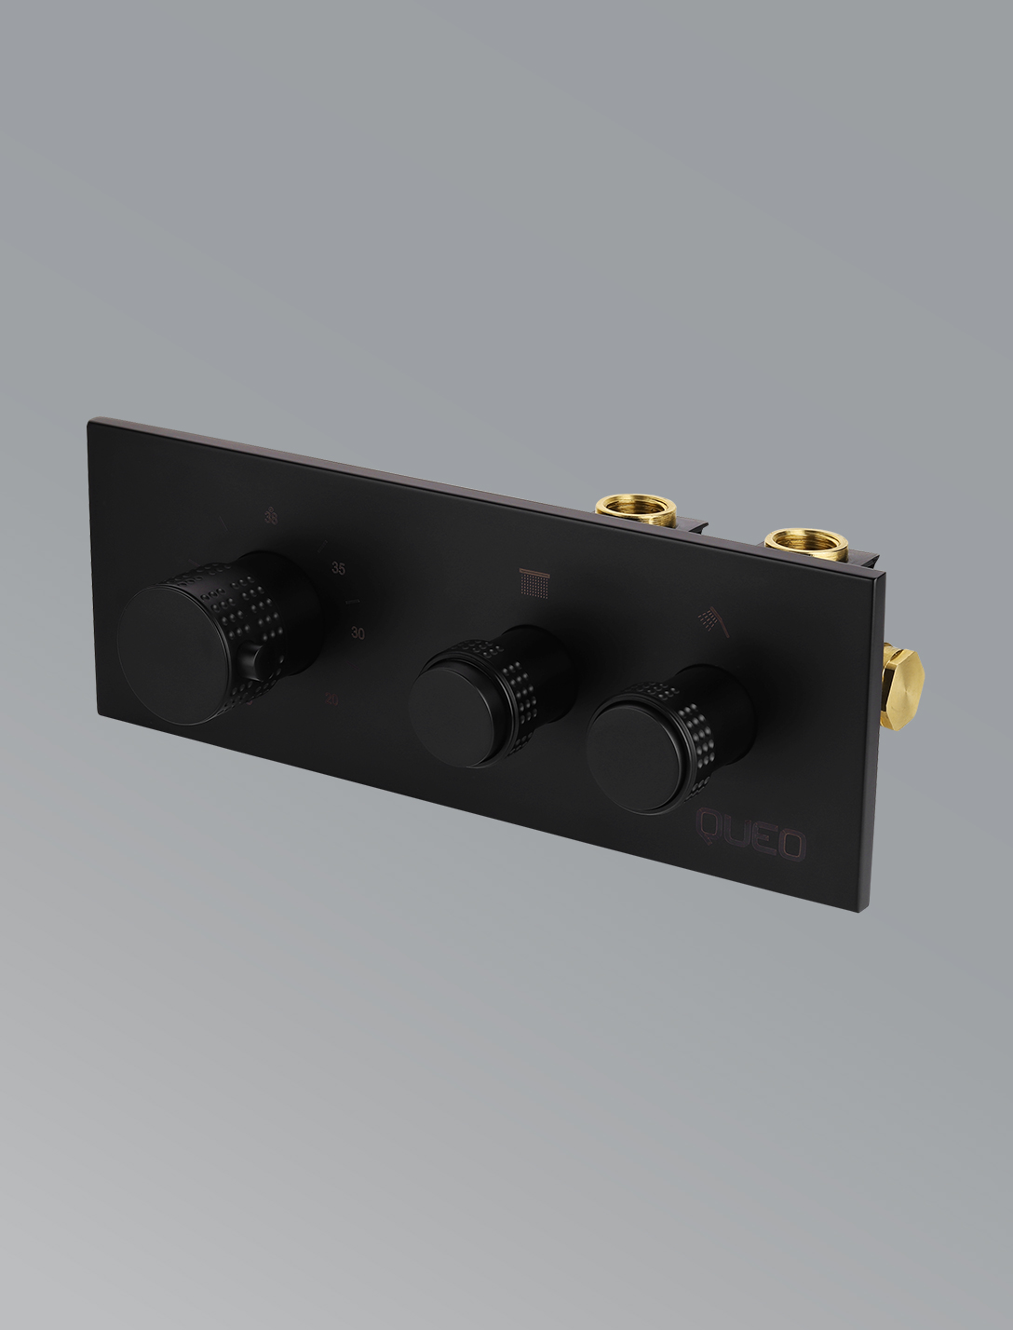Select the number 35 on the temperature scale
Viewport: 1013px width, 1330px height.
(339, 568)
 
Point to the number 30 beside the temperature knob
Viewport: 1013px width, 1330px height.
(358, 633)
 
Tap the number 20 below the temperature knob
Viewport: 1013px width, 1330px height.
(332, 699)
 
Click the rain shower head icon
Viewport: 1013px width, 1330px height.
(533, 583)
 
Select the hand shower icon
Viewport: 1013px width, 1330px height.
(715, 619)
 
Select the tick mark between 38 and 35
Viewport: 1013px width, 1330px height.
(321, 544)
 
